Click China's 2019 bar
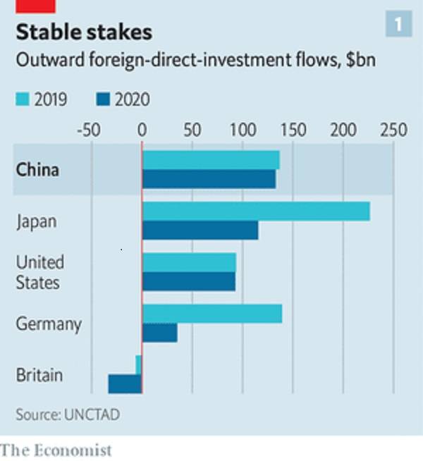click(211, 160)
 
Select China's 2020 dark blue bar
click(209, 179)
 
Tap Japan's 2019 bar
click(256, 211)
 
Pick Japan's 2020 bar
click(200, 230)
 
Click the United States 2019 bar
click(189, 262)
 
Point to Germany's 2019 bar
click(212, 314)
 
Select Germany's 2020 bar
click(160, 333)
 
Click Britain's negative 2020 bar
click(125, 384)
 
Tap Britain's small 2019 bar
click(139, 364)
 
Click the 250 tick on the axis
click(393, 130)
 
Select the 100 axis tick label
click(243, 130)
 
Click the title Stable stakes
click(84, 32)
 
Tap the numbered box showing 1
click(398, 25)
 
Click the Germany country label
click(49, 324)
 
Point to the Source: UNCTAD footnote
click(68, 414)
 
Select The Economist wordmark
click(56, 449)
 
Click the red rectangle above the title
click(35, 6)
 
